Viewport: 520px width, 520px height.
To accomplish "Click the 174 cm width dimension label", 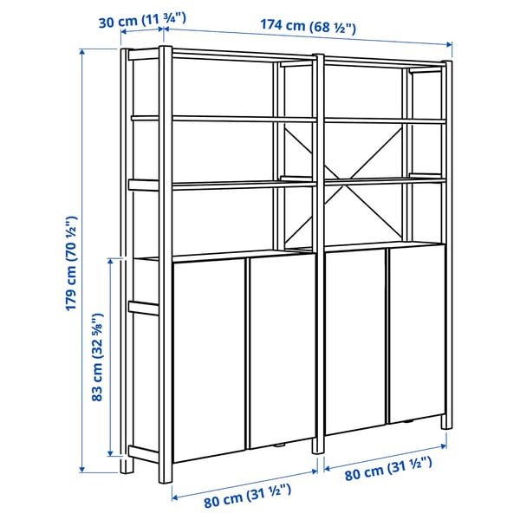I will (x=308, y=26).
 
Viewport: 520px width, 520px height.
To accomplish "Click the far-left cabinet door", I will (x=209, y=364).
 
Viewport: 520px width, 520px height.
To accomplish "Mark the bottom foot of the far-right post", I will (x=446, y=423).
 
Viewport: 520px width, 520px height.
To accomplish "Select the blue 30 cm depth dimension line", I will (x=142, y=32).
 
